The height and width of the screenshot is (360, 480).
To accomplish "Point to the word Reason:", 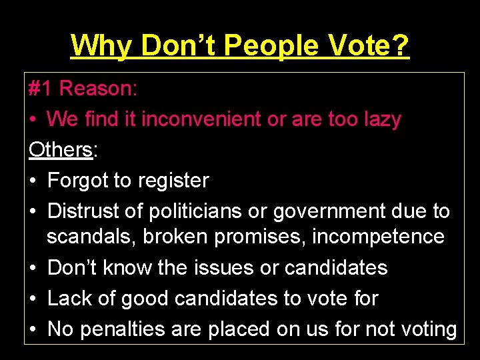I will (x=99, y=88).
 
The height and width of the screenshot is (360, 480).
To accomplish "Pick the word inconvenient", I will (x=201, y=119).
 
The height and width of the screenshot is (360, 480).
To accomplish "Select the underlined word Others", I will (x=61, y=149).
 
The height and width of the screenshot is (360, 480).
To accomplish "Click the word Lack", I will (x=69, y=298).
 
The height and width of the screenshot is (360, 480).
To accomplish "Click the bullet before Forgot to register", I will (x=33, y=180).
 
